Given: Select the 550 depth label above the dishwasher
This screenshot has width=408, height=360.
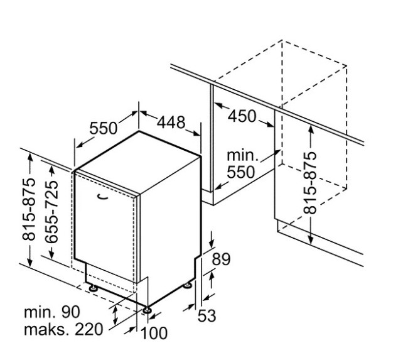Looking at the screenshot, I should [x=103, y=128].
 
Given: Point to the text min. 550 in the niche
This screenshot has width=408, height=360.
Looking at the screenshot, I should [x=242, y=163].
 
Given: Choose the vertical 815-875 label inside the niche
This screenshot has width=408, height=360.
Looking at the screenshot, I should [x=310, y=182].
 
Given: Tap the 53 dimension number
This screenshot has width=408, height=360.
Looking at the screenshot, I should [x=207, y=315].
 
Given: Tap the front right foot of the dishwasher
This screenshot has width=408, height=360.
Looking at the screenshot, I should [x=147, y=309].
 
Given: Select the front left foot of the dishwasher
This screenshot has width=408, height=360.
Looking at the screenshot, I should [x=93, y=288].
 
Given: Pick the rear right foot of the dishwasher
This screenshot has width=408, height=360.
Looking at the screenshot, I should [x=188, y=286].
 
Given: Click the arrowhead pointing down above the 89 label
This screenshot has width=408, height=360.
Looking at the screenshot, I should [x=212, y=244].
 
